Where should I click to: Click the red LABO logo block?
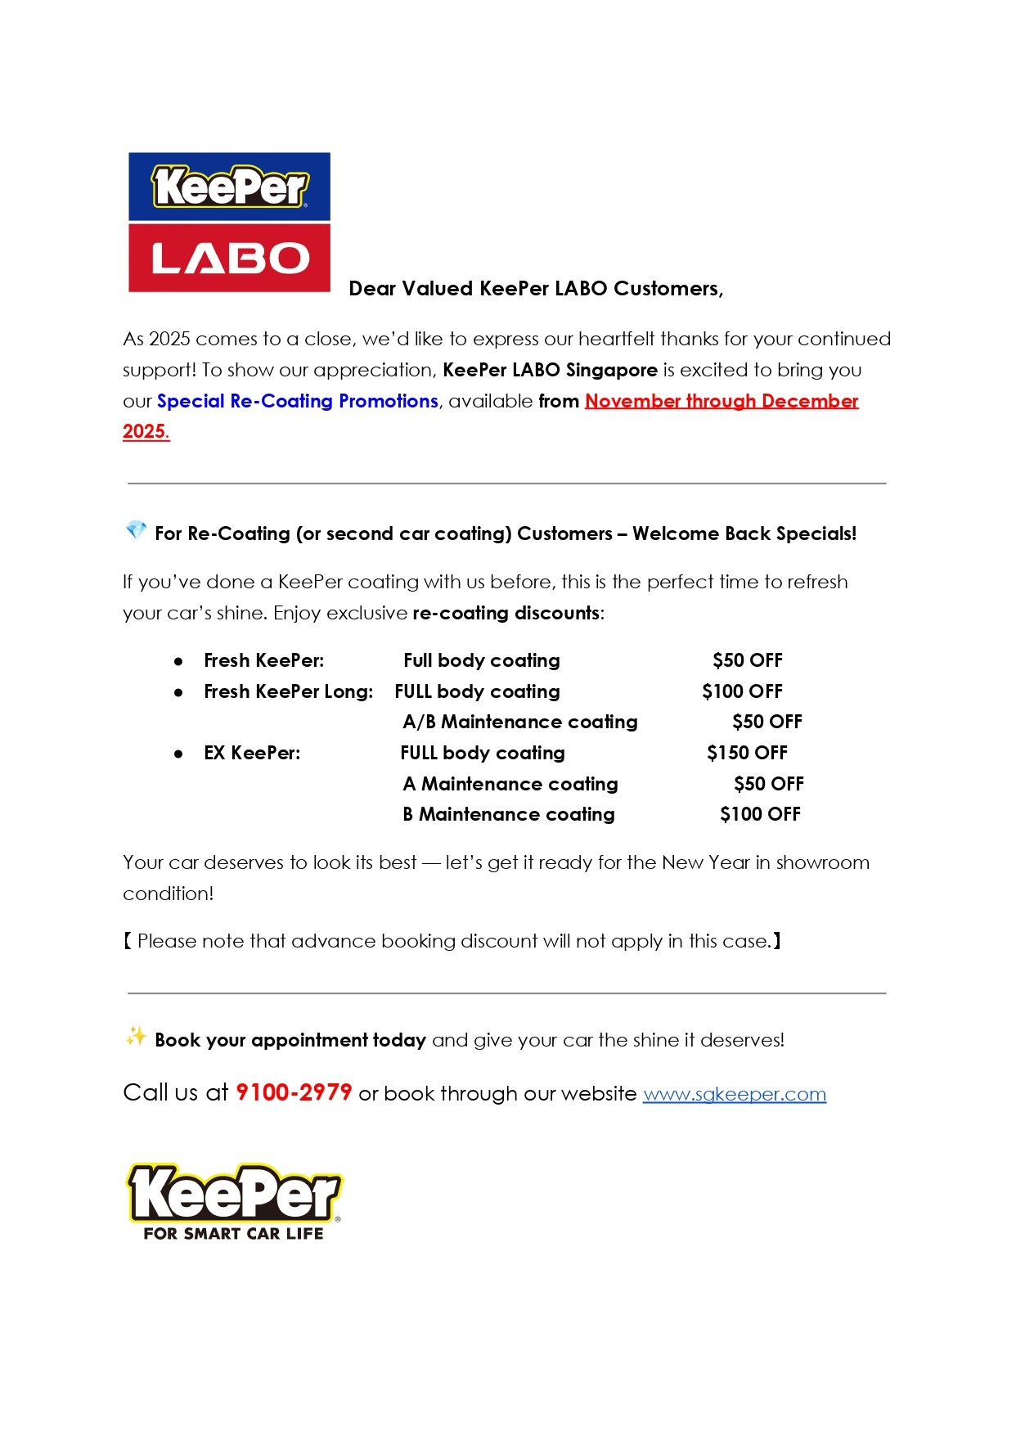[x=229, y=258]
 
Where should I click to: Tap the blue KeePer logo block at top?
[x=229, y=187]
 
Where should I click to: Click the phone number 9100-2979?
[x=294, y=1092]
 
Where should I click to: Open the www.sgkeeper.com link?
[x=734, y=1094]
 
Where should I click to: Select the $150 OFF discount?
[x=747, y=753]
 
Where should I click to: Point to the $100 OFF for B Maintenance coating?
[x=760, y=814]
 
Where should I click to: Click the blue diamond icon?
[x=136, y=530]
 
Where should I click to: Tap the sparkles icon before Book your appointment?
[x=136, y=1037]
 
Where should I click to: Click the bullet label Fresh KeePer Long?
[x=288, y=691]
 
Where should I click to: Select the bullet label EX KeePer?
[x=252, y=753]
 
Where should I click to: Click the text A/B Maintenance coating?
[x=520, y=722]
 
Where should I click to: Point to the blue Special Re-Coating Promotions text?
[x=298, y=401]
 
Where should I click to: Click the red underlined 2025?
[x=146, y=431]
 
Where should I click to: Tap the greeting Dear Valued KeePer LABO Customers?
[x=536, y=289]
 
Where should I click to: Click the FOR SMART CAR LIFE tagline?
[x=233, y=1233]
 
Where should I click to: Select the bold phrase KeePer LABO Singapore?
[x=550, y=370]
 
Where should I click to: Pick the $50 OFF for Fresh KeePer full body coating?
[x=747, y=660]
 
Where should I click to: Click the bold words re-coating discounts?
[x=506, y=613]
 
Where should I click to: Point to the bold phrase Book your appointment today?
[x=290, y=1040]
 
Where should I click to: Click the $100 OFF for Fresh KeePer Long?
[x=742, y=691]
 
